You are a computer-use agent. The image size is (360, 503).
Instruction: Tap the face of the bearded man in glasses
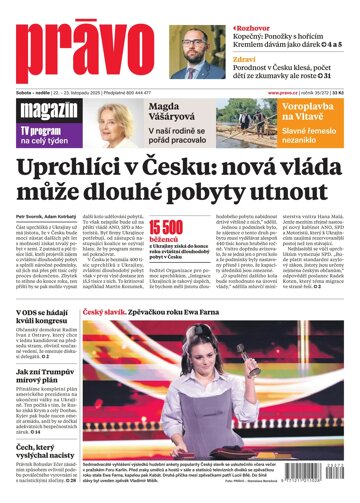(195, 45)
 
